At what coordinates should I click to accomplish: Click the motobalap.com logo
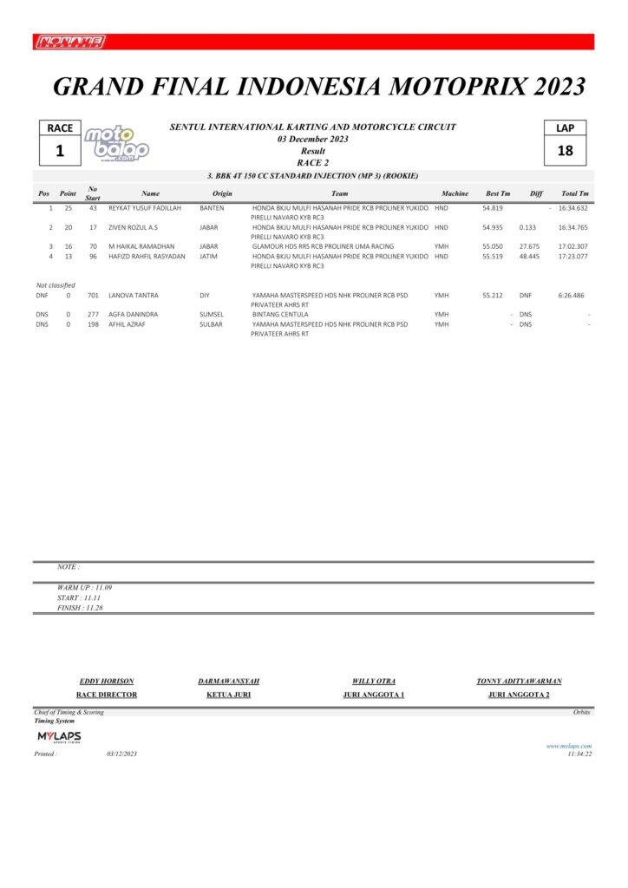tap(115, 143)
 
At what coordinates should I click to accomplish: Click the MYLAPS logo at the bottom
tap(59, 737)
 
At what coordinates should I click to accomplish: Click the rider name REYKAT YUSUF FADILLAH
tap(145, 208)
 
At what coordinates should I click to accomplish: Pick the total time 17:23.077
tap(573, 257)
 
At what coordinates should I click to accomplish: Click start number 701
tap(93, 296)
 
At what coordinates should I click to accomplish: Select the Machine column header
tap(455, 193)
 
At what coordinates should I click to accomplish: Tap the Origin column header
tap(222, 193)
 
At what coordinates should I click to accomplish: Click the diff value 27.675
tap(529, 246)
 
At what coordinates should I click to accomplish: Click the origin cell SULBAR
tap(213, 324)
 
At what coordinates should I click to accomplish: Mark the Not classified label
tap(56, 285)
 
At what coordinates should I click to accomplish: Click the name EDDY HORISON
tap(107, 682)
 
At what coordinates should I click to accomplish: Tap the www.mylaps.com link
tap(568, 746)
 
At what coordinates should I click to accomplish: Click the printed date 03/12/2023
tap(122, 754)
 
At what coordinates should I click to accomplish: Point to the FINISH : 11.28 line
tap(85, 608)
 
